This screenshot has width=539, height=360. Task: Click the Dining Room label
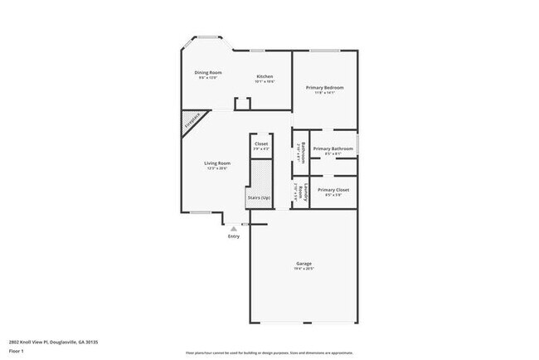point(208,73)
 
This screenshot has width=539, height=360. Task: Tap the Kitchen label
point(265,77)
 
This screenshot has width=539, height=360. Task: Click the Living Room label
point(217,163)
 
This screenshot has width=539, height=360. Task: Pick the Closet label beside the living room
point(261,144)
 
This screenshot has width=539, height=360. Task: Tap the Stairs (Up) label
point(260,197)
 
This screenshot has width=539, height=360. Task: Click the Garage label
point(303,264)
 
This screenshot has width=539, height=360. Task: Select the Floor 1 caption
point(17,352)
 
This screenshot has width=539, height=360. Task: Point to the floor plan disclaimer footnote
point(269,352)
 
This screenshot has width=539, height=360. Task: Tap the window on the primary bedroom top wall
point(326,51)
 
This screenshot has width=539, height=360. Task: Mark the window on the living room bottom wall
point(200,212)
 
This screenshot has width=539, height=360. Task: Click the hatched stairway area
point(260,175)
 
